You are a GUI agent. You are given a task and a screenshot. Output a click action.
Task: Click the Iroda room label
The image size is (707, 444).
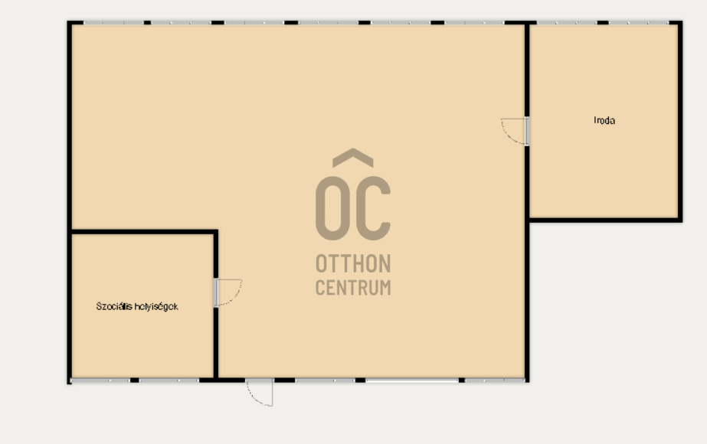[604, 120]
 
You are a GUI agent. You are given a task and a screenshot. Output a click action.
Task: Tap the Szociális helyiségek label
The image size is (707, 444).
[137, 306]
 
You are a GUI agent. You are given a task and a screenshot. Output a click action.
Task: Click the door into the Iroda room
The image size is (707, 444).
[515, 131]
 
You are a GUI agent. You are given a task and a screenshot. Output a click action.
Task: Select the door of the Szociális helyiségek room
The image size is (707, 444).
[228, 292]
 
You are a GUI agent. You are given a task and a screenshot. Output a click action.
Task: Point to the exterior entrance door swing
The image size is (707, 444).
[260, 393]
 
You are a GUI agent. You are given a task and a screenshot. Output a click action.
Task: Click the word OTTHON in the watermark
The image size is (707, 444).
[353, 263]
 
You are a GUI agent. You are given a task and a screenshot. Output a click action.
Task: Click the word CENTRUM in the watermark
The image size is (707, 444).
[353, 288]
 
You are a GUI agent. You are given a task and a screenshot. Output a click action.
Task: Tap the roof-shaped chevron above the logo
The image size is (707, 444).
[353, 158]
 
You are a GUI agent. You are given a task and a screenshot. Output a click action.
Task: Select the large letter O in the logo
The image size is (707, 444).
[332, 208]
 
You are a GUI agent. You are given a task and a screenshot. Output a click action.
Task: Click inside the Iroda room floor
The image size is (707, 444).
[604, 171]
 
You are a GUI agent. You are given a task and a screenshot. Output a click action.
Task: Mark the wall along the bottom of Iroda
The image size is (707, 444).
[604, 220]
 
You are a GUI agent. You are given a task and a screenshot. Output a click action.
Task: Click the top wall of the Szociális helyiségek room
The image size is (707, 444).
[144, 232]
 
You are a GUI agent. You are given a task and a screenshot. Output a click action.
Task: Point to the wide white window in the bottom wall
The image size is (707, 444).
[411, 381]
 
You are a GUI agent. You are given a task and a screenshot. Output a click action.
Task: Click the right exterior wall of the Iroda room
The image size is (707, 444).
[680, 121]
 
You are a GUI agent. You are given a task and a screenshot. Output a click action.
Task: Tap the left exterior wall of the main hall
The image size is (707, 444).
[70, 126]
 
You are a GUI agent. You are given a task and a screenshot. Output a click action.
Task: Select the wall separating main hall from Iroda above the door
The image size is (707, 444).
[527, 69]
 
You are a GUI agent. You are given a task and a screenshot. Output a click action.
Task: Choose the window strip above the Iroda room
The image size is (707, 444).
[603, 22]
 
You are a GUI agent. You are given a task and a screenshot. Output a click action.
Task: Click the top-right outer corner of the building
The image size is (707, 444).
[682, 21]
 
